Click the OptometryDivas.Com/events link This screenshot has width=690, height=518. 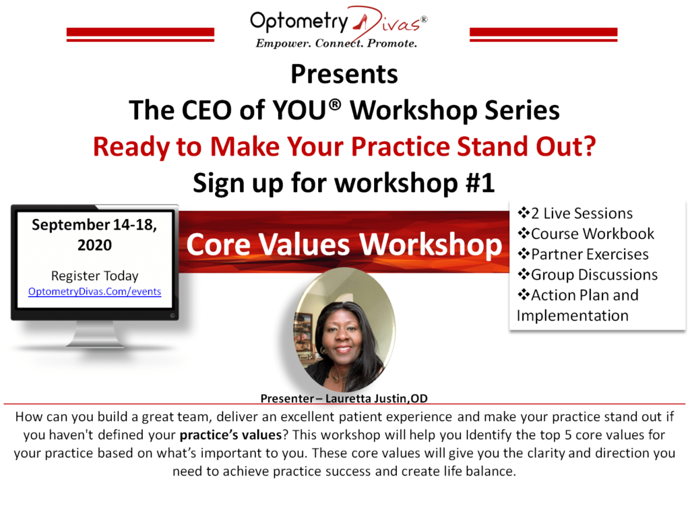point(94,292)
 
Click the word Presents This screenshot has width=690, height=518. point(344,74)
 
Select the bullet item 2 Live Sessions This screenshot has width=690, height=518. point(575,214)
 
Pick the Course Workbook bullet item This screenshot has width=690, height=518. point(586,234)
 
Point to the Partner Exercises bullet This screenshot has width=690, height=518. point(583,254)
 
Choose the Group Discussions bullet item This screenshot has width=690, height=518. point(588,275)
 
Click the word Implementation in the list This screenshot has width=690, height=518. point(573,316)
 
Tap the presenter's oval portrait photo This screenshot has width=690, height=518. point(344,330)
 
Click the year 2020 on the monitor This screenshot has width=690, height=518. point(94,245)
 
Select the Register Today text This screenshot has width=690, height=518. point(94,276)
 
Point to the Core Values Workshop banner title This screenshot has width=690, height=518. point(344,244)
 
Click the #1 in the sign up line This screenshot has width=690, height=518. point(480,183)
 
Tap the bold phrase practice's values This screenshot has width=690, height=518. point(230,435)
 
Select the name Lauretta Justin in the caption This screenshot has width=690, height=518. point(367,398)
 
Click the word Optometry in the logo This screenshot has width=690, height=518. point(299,22)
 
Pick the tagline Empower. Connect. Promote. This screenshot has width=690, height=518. point(336,43)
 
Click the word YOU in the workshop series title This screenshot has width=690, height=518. point(299,110)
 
